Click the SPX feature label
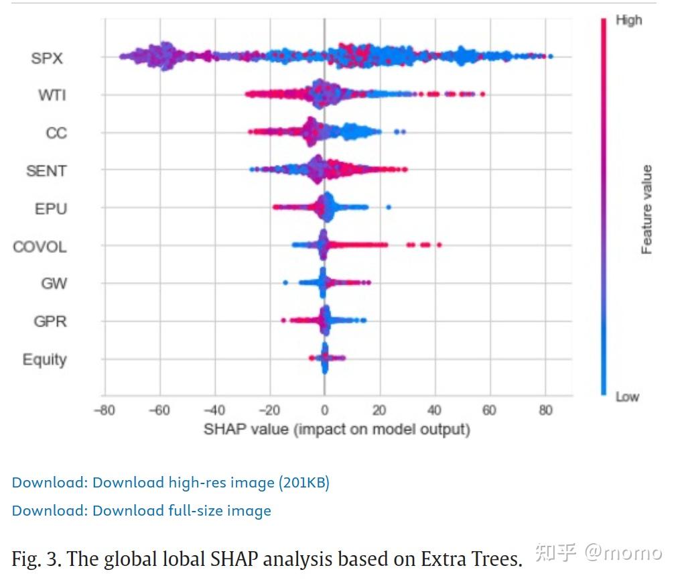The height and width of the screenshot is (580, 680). (x=47, y=58)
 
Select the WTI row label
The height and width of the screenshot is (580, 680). (x=52, y=95)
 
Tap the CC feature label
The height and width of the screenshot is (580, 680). (x=56, y=133)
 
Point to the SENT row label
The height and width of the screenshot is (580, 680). (x=46, y=171)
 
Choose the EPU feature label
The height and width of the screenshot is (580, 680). (x=51, y=209)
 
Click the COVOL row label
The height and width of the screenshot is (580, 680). (x=40, y=247)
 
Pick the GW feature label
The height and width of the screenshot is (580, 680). (x=54, y=284)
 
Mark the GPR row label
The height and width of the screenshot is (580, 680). (x=50, y=321)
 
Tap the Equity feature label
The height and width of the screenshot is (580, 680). (x=45, y=359)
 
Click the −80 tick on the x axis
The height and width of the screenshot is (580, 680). (x=105, y=410)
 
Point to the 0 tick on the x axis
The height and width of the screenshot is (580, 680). (x=324, y=410)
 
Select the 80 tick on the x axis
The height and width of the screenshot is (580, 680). (x=546, y=410)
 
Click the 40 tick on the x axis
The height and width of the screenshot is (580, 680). (x=435, y=410)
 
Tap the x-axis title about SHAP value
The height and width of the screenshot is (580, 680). (x=336, y=429)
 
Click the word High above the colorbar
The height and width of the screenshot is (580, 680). (x=628, y=21)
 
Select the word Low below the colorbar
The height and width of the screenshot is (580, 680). (x=627, y=397)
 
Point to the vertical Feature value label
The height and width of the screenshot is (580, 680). (x=647, y=210)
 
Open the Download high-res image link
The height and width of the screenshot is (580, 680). (x=170, y=482)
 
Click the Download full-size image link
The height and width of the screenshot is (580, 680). (x=141, y=511)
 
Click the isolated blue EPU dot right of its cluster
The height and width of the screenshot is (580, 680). (x=389, y=207)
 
